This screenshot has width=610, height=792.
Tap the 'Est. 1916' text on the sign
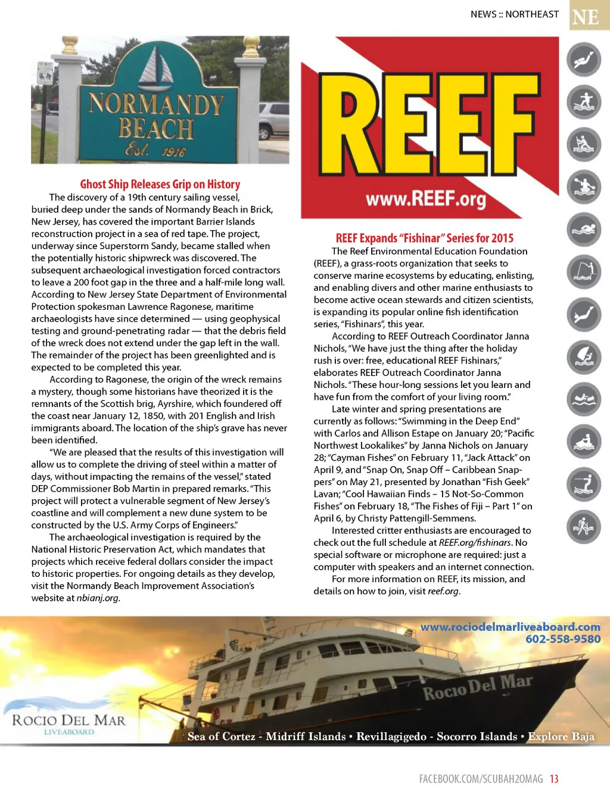coord(155,150)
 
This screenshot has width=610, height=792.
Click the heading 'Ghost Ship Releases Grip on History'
coord(160,184)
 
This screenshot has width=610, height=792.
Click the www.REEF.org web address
coord(425,198)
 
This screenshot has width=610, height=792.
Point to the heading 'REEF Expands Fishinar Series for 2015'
coord(424,238)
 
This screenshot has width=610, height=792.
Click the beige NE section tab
coord(585,16)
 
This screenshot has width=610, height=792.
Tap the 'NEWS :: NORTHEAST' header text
coord(515,14)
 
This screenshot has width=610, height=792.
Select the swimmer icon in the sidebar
coord(583,230)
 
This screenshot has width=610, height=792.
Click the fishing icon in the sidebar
coord(583,272)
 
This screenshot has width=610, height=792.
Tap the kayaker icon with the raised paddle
coord(583,187)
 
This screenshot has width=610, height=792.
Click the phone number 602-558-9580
coord(562,639)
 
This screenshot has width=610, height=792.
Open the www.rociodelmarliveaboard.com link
coord(510,626)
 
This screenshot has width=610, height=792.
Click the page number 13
coord(554,779)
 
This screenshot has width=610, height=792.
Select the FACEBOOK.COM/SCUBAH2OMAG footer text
coord(481,779)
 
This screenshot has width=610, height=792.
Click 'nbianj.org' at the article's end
coord(98,598)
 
